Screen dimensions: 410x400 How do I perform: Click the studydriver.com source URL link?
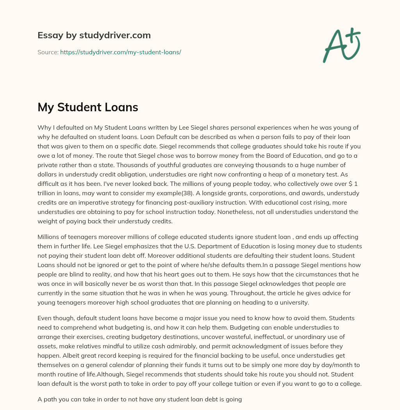click(x=120, y=52)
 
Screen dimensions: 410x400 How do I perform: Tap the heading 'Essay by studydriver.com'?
click(x=94, y=35)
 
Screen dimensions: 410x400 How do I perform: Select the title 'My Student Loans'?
click(x=87, y=107)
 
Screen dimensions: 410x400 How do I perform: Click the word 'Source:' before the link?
click(x=48, y=52)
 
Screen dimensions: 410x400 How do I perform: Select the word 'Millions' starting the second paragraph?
click(x=50, y=237)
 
